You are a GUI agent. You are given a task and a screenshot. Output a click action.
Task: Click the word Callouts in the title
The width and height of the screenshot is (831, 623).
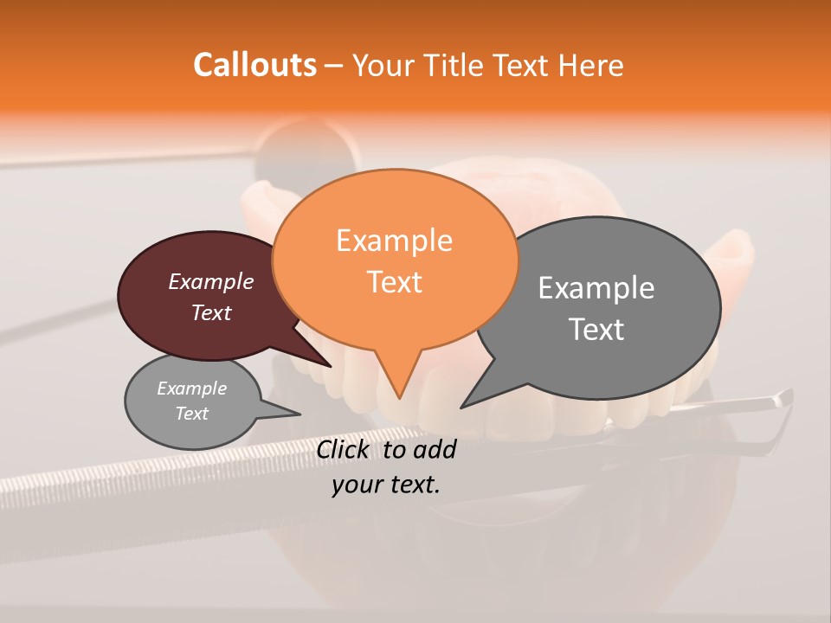pyautogui.click(x=254, y=65)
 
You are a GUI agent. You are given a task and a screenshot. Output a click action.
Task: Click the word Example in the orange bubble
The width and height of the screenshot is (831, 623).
pyautogui.click(x=395, y=240)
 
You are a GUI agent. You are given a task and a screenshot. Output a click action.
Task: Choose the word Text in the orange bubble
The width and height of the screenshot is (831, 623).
pyautogui.click(x=395, y=282)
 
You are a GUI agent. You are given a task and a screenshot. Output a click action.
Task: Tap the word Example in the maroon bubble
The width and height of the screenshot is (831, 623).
pyautogui.click(x=211, y=281)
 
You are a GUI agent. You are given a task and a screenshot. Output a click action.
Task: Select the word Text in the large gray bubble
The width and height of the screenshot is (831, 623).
pyautogui.click(x=596, y=330)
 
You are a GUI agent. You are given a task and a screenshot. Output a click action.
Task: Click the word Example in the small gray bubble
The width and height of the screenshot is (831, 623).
pyautogui.click(x=191, y=389)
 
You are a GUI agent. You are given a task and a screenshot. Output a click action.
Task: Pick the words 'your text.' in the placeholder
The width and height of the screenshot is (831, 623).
pyautogui.click(x=386, y=485)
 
